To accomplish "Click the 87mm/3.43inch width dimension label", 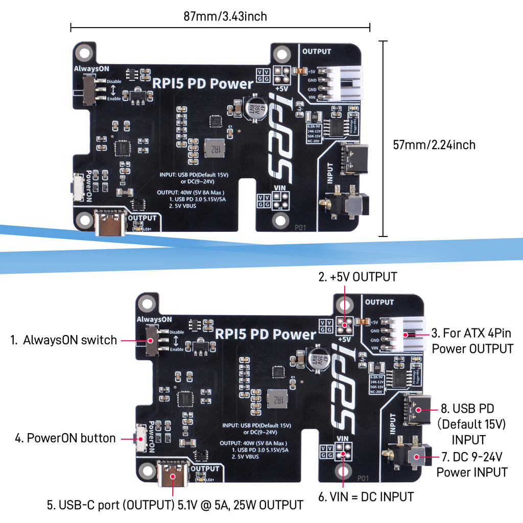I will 225,16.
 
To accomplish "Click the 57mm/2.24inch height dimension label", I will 434,145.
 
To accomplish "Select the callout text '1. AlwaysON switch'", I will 64,340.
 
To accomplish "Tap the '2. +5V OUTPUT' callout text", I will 358,277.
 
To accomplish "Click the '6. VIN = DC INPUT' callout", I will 366,496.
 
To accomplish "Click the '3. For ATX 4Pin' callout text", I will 472,334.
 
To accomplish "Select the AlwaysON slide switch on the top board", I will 90,89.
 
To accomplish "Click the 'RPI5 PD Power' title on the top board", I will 203,83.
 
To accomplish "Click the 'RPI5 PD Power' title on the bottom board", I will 266,335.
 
